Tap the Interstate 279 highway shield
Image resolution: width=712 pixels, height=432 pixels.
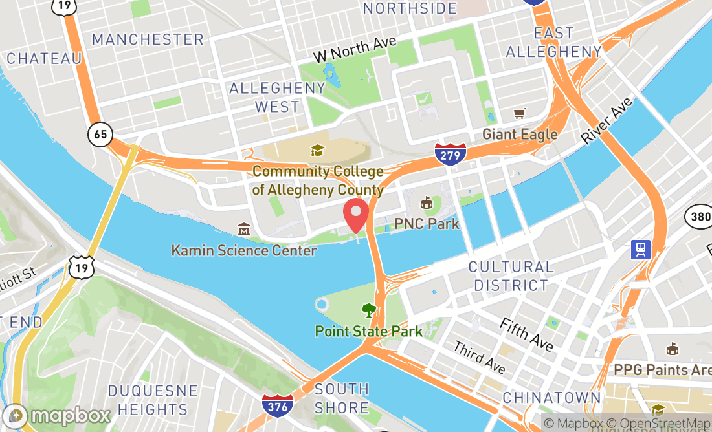451,153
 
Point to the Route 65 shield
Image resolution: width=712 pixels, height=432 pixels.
100,135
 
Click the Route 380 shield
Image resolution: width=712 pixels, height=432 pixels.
698,217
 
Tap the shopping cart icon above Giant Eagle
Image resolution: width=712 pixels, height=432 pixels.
519,114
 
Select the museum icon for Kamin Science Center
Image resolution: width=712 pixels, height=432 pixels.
244,229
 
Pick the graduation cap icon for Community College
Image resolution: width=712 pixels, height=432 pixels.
317,151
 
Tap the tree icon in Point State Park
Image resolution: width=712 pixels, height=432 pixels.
369,310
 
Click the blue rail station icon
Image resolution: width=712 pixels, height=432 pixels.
641,249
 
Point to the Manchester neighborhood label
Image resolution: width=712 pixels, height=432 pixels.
148,39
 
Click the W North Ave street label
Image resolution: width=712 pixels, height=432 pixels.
355,50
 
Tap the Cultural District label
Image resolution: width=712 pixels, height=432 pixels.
511,275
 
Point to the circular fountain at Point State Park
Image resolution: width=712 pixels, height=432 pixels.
321,305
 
